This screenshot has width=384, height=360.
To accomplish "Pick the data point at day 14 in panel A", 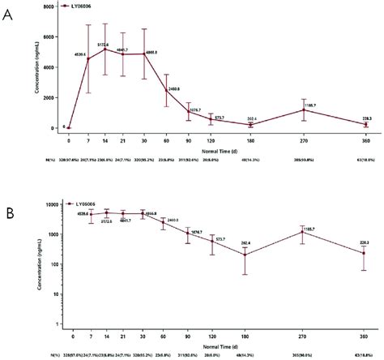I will (x=105, y=49).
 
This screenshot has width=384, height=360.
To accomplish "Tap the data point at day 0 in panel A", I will (x=70, y=128).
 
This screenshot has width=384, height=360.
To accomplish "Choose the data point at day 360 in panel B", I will (x=363, y=253).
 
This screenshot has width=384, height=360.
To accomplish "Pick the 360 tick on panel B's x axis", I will (x=363, y=334).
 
